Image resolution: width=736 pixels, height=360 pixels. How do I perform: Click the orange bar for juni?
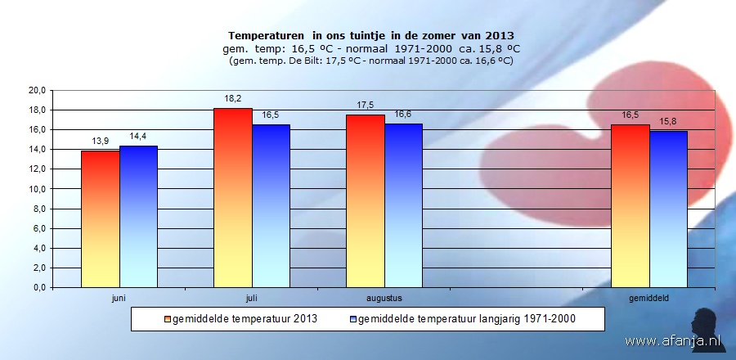[x=101, y=219]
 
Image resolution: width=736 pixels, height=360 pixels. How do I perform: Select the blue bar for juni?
[x=138, y=217]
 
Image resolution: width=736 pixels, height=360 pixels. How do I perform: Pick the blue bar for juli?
[x=271, y=206]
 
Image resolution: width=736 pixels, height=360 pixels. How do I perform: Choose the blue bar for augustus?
[x=403, y=206]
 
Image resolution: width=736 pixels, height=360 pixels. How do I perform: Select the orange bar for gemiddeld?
[x=631, y=206]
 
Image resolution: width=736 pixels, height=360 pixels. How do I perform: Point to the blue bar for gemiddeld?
[x=668, y=209]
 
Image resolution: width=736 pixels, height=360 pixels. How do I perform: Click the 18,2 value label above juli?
[x=233, y=100]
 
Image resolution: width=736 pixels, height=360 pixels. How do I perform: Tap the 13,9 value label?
[x=101, y=142]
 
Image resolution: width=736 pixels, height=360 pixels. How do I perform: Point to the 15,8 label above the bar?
[x=668, y=122]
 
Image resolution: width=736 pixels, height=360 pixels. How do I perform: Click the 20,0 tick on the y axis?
[x=37, y=90]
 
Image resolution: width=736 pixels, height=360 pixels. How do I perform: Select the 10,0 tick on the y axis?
[x=37, y=189]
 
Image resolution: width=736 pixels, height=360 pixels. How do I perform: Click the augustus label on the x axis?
[x=384, y=298]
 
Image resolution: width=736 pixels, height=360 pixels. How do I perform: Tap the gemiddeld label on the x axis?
[x=649, y=298]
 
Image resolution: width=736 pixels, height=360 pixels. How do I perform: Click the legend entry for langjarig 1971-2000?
[x=466, y=319]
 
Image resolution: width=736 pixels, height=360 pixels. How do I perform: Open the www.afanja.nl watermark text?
[x=662, y=340]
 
